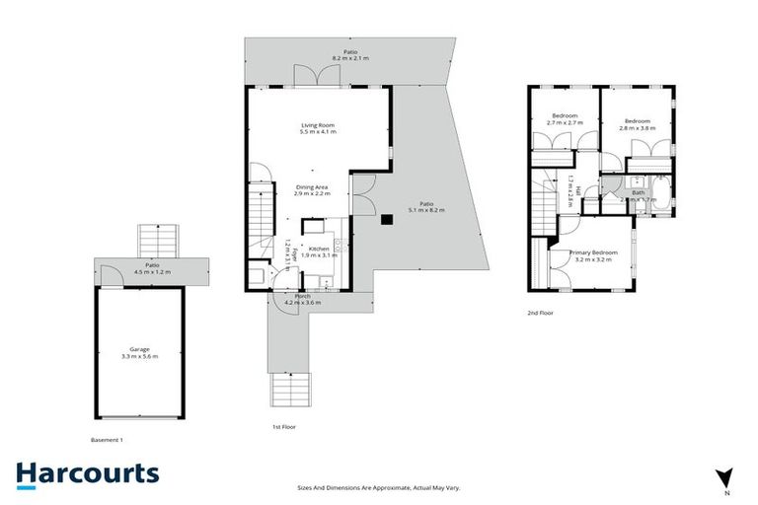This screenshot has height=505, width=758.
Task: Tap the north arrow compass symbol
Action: (725, 477)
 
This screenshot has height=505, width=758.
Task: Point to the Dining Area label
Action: (312, 186)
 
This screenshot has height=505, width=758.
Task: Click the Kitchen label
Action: (319, 249)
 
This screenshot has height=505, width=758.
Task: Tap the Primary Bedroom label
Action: (594, 252)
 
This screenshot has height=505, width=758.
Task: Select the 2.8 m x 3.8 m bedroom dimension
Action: (636, 127)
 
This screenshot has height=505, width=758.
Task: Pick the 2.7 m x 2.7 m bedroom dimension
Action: (565, 123)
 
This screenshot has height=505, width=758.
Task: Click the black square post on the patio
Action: (388, 219)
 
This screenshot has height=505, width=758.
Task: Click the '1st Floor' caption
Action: (284, 427)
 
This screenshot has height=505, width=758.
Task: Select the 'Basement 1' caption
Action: (107, 440)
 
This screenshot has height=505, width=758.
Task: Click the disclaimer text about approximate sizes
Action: (379, 487)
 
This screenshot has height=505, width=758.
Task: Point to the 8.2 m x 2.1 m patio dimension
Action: (349, 59)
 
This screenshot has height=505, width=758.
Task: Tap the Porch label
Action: (302, 296)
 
